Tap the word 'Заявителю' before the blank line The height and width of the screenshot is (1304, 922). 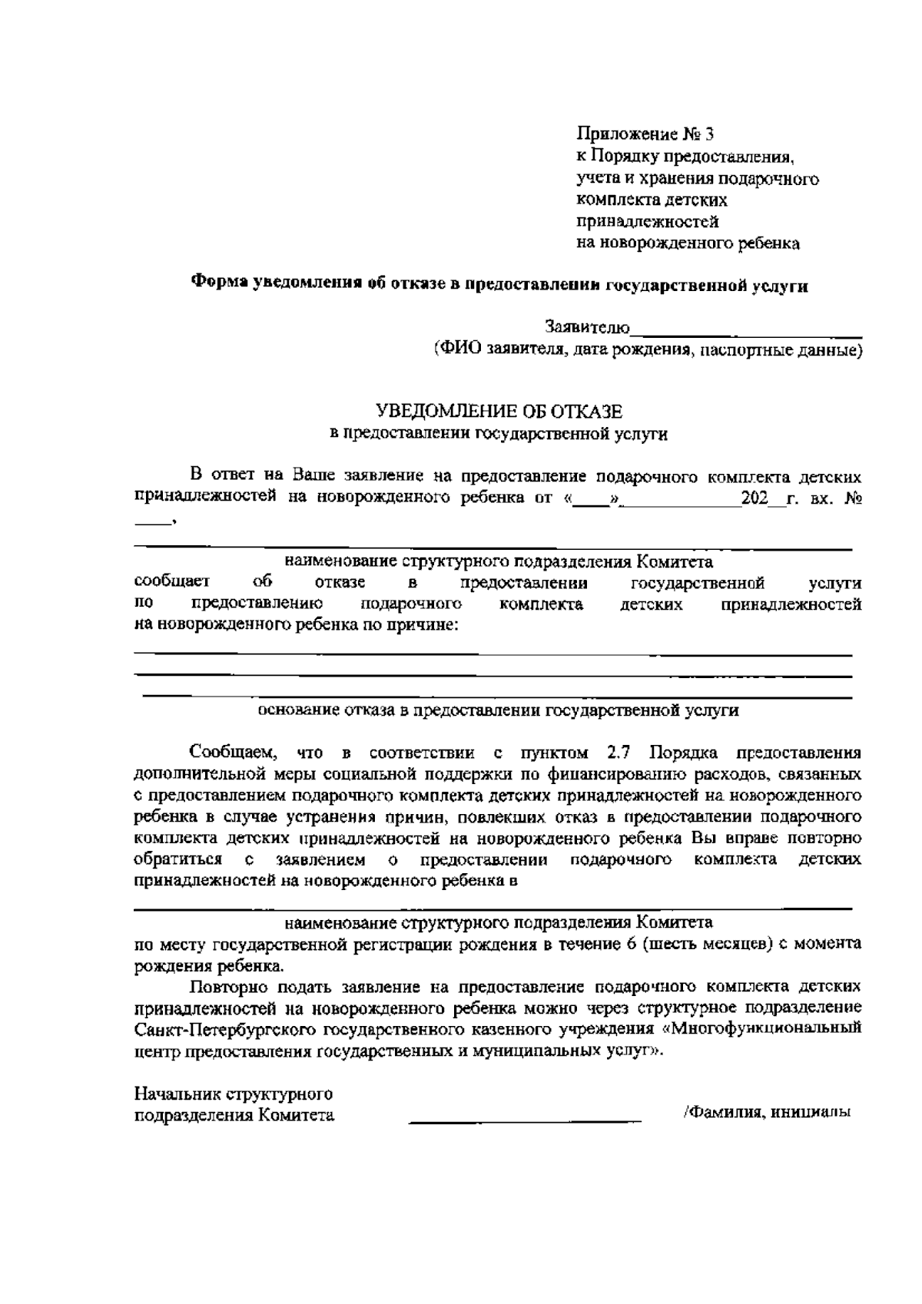tap(588, 328)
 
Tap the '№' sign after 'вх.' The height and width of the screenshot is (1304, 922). tap(852, 498)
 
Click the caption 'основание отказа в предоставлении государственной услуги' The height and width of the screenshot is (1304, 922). tap(498, 710)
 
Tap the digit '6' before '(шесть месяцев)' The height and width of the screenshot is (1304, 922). tap(631, 944)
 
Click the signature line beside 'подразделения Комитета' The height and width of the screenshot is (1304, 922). tap(525, 1121)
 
